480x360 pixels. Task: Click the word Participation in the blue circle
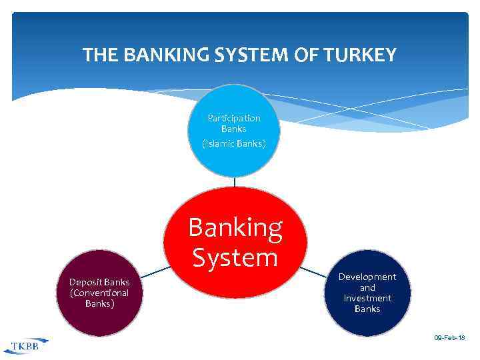click(234, 118)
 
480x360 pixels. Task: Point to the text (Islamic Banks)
click(234, 143)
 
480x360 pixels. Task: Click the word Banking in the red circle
click(235, 228)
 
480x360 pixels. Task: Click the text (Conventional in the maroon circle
click(99, 293)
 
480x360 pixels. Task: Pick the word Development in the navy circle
click(367, 277)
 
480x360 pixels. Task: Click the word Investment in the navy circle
click(367, 298)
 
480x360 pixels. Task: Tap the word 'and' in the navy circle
click(367, 287)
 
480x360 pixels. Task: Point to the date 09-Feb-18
click(449, 339)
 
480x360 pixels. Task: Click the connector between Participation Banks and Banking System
click(235, 181)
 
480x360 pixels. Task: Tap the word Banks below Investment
click(367, 309)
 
